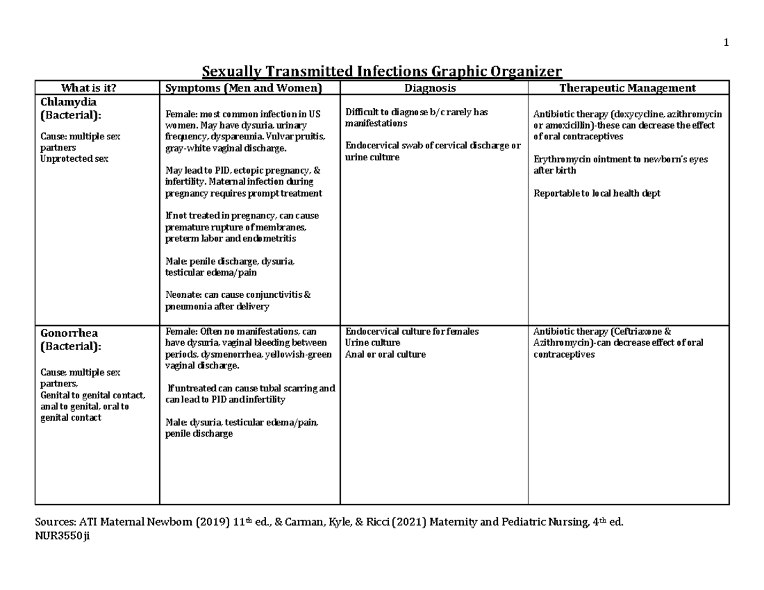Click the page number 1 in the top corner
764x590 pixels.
point(725,43)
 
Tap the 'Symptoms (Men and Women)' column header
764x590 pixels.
point(244,88)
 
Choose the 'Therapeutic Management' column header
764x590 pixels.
point(627,88)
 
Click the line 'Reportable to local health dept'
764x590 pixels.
point(597,193)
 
